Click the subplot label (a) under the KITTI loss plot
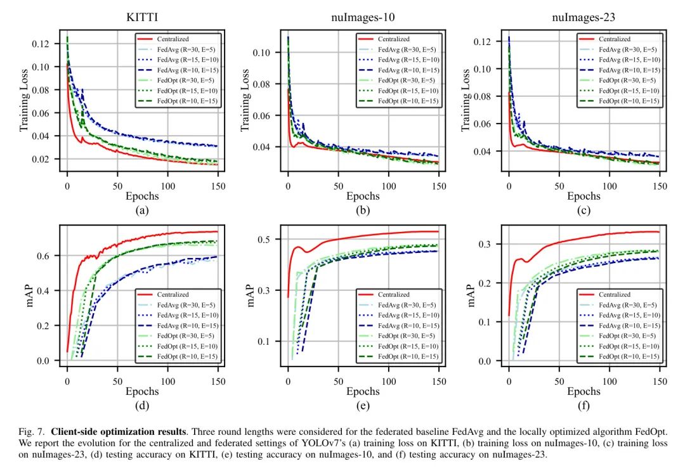(x=142, y=210)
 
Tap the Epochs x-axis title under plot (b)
(x=362, y=197)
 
